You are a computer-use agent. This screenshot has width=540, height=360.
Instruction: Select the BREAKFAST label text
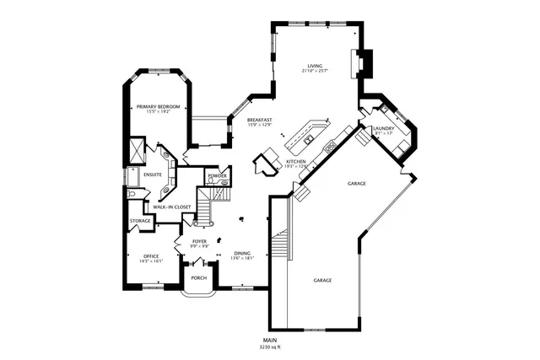pyautogui.click(x=258, y=121)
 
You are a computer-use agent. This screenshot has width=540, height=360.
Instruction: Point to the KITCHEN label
pyautogui.click(x=294, y=161)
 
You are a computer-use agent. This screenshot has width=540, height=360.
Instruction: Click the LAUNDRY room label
pyautogui.click(x=384, y=129)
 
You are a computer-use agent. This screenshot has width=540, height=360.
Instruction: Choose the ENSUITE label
pyautogui.click(x=153, y=175)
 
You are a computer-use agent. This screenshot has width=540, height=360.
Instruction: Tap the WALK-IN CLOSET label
pyautogui.click(x=171, y=207)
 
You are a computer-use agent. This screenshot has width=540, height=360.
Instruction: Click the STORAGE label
pyautogui.click(x=140, y=221)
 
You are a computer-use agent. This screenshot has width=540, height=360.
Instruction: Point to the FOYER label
pyautogui.click(x=199, y=241)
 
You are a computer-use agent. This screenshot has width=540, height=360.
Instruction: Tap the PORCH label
pyautogui.click(x=199, y=277)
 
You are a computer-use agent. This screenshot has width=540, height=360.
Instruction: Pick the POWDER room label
pyautogui.click(x=217, y=175)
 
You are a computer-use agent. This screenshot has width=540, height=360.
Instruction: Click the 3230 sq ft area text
pyautogui.click(x=270, y=347)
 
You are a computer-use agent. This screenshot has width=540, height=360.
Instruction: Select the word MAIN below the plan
pyautogui.click(x=270, y=340)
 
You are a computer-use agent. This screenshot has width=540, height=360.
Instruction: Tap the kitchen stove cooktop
pyautogui.click(x=330, y=145)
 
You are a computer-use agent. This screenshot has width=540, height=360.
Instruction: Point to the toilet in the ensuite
pyautogui.click(x=133, y=192)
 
